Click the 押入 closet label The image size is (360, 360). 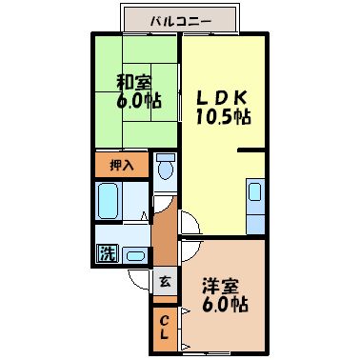coord(122,164)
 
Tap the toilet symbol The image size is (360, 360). coord(167,168)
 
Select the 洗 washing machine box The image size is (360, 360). coord(105,254)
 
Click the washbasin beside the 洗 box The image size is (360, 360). coord(133,255)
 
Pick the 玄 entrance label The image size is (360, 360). coord(166,282)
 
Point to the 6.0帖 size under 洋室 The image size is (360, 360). coord(225,307)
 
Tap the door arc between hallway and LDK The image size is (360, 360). coord(189,226)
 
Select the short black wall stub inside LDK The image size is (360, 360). coord(250,150)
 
